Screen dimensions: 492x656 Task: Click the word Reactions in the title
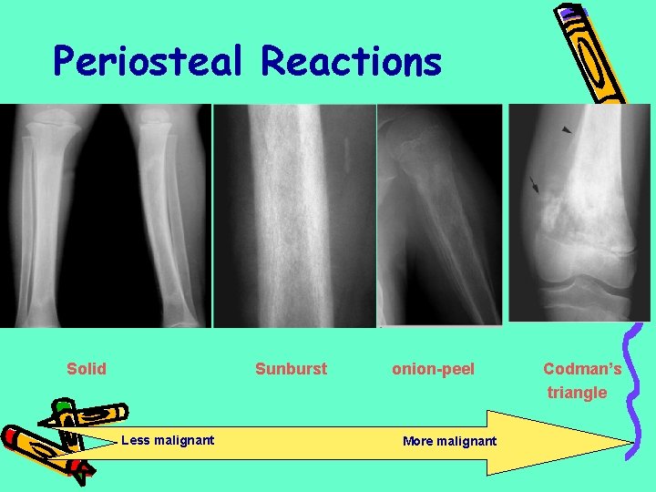click(x=351, y=62)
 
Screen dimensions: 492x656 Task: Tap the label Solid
click(x=87, y=369)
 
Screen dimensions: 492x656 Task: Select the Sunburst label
click(x=291, y=369)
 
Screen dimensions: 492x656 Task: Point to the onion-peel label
click(x=433, y=369)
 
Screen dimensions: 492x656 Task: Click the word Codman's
click(x=582, y=369)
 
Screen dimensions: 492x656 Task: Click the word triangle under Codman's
click(x=577, y=393)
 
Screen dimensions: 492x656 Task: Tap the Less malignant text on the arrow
click(x=168, y=441)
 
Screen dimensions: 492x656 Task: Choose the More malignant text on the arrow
click(x=449, y=442)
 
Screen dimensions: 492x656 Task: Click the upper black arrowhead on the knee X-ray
click(x=568, y=131)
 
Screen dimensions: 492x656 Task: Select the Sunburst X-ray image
click(x=293, y=214)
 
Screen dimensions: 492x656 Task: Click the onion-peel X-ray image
click(x=439, y=214)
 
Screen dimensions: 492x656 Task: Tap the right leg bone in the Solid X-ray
click(x=164, y=214)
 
